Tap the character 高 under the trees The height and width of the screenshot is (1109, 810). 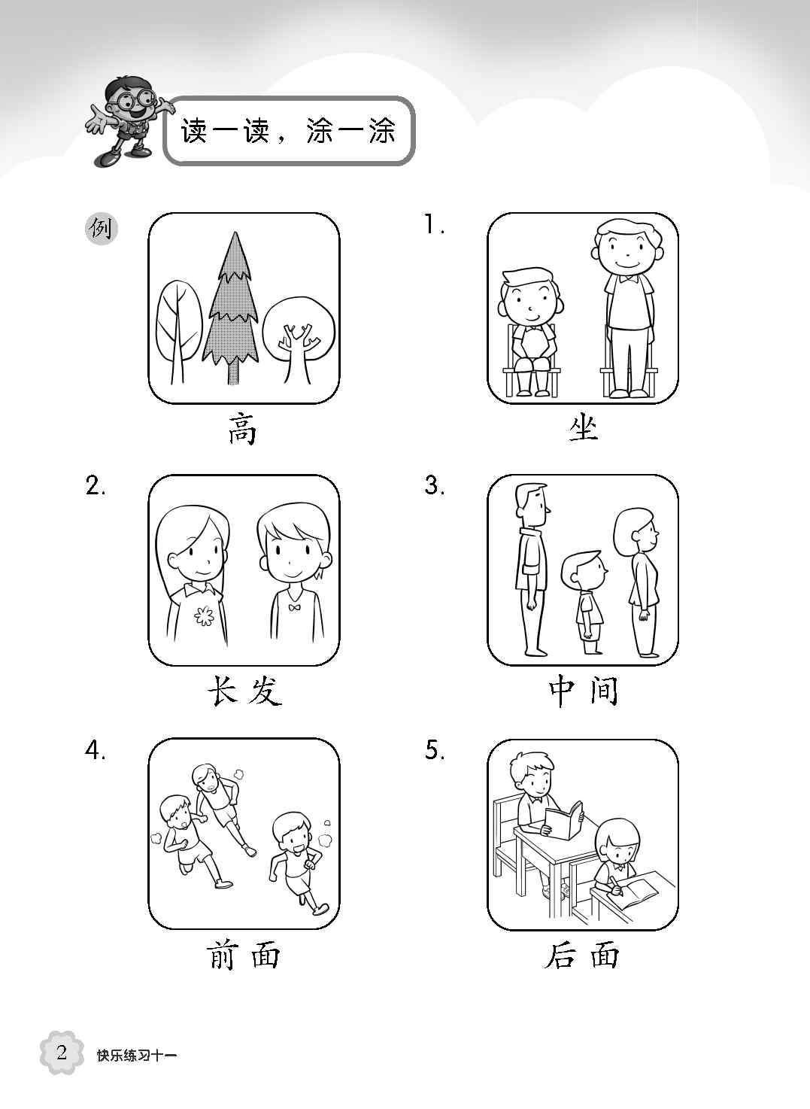[x=242, y=430]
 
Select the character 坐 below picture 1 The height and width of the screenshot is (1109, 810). [x=582, y=428]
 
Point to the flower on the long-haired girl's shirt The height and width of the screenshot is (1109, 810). [x=203, y=615]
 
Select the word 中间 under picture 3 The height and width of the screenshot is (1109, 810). [x=583, y=691]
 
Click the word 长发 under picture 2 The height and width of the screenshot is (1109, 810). [x=244, y=691]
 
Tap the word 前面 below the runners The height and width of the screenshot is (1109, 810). [x=243, y=955]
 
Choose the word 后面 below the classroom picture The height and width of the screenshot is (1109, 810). [x=582, y=955]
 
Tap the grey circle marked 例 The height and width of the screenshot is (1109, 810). [x=102, y=229]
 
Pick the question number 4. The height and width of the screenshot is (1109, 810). [x=95, y=750]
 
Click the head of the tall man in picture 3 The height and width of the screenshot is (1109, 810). [x=532, y=505]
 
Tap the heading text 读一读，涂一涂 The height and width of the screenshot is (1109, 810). [x=288, y=131]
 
